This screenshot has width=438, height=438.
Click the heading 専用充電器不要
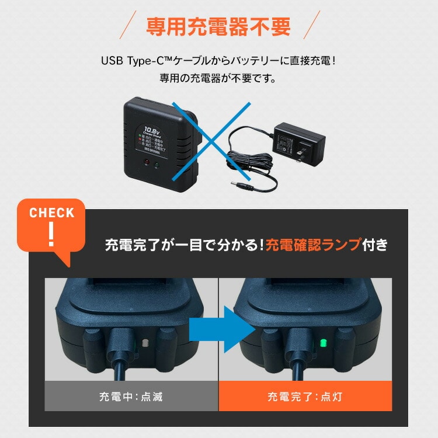click(218, 27)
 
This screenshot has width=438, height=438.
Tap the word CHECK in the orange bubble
click(52, 213)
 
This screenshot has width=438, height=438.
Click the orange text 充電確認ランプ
click(312, 245)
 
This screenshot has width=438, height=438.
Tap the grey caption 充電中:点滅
click(131, 397)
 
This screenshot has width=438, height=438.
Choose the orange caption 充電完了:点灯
click(304, 397)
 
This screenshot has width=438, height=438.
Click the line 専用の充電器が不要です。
click(218, 78)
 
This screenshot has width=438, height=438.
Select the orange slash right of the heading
click(309, 27)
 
